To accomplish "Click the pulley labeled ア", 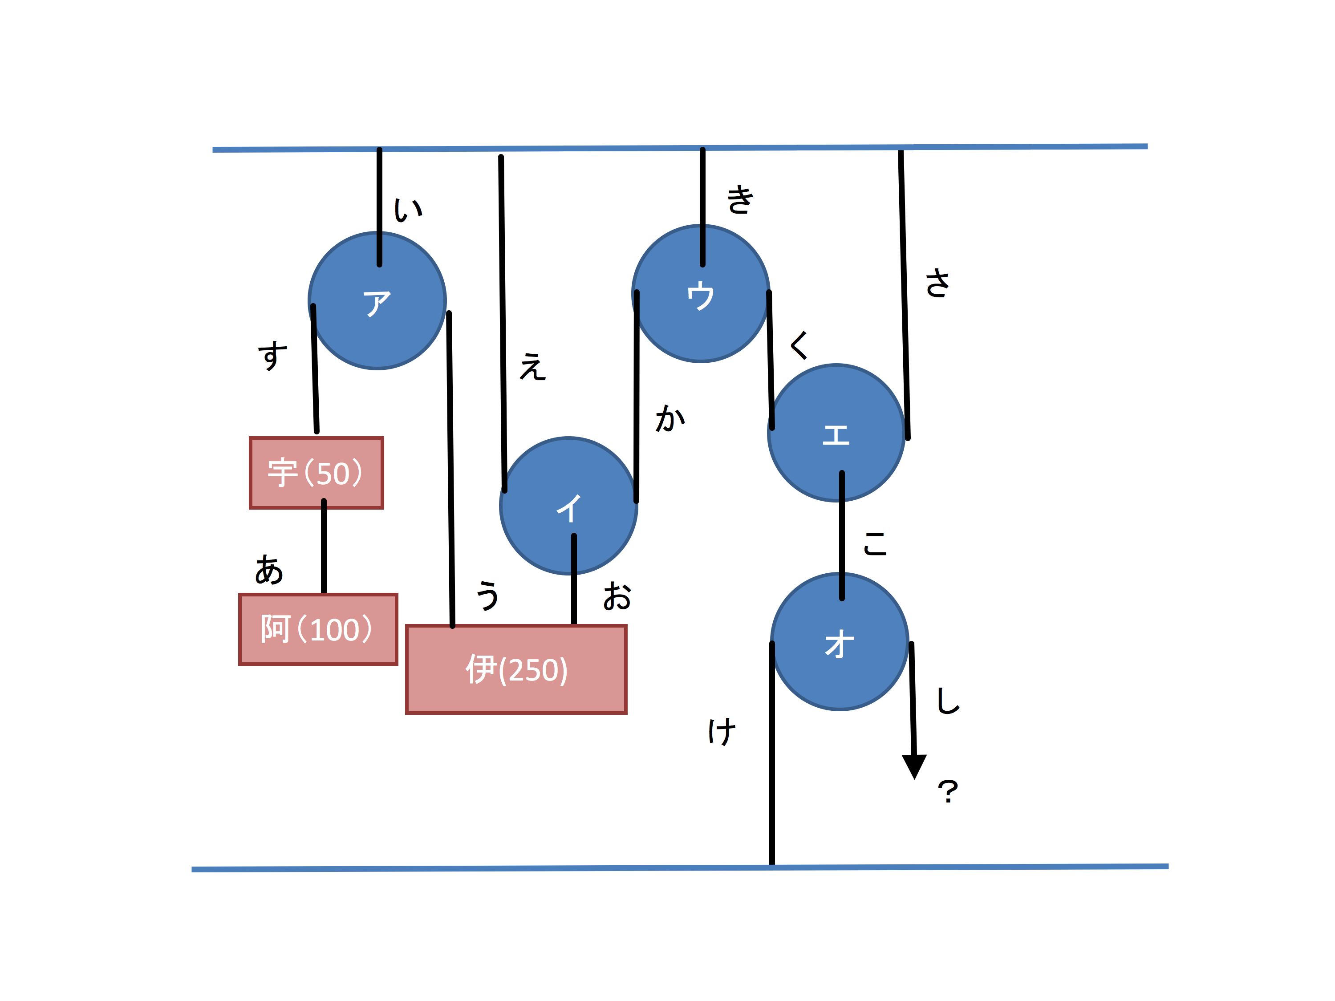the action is click(377, 300).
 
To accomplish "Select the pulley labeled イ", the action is click(568, 506).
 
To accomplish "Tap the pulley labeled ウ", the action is click(701, 293).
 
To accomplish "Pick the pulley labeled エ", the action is click(836, 433).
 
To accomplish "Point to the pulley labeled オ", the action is click(840, 641).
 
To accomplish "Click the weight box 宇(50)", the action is click(316, 473).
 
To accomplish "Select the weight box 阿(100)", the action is click(318, 629).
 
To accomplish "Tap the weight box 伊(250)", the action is click(516, 670).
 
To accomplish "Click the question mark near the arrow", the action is click(948, 792).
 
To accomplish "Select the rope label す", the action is click(272, 355).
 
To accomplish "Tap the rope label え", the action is click(532, 366).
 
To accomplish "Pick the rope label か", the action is click(670, 418).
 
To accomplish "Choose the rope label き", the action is click(740, 200).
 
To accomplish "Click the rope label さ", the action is click(937, 283).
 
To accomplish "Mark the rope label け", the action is click(722, 732).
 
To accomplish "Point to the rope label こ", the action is click(875, 543).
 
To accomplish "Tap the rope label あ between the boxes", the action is click(268, 570).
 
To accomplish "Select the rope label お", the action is click(617, 596).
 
